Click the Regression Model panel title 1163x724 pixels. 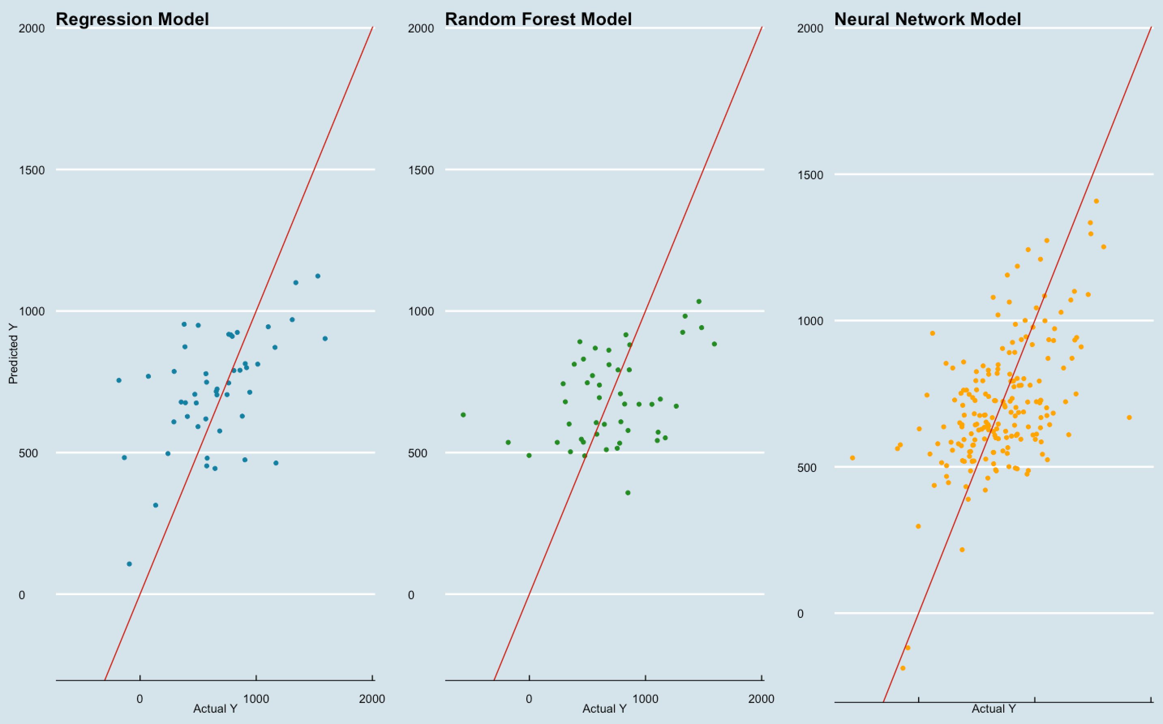click(132, 19)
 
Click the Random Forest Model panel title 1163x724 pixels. click(538, 19)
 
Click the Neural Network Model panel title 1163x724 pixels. click(927, 19)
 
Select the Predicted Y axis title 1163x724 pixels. click(13, 354)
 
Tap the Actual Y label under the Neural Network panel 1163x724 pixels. click(993, 709)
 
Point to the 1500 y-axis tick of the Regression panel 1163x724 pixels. click(32, 170)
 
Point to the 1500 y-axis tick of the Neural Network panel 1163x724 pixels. click(810, 175)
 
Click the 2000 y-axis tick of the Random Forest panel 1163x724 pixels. click(421, 28)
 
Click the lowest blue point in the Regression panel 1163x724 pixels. click(129, 563)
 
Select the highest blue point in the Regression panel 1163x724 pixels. click(318, 276)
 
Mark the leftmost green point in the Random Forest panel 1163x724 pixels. click(463, 415)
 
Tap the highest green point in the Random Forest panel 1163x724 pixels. click(699, 301)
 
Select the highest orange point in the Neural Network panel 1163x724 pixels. click(1096, 201)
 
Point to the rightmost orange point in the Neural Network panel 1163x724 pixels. click(1129, 418)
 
